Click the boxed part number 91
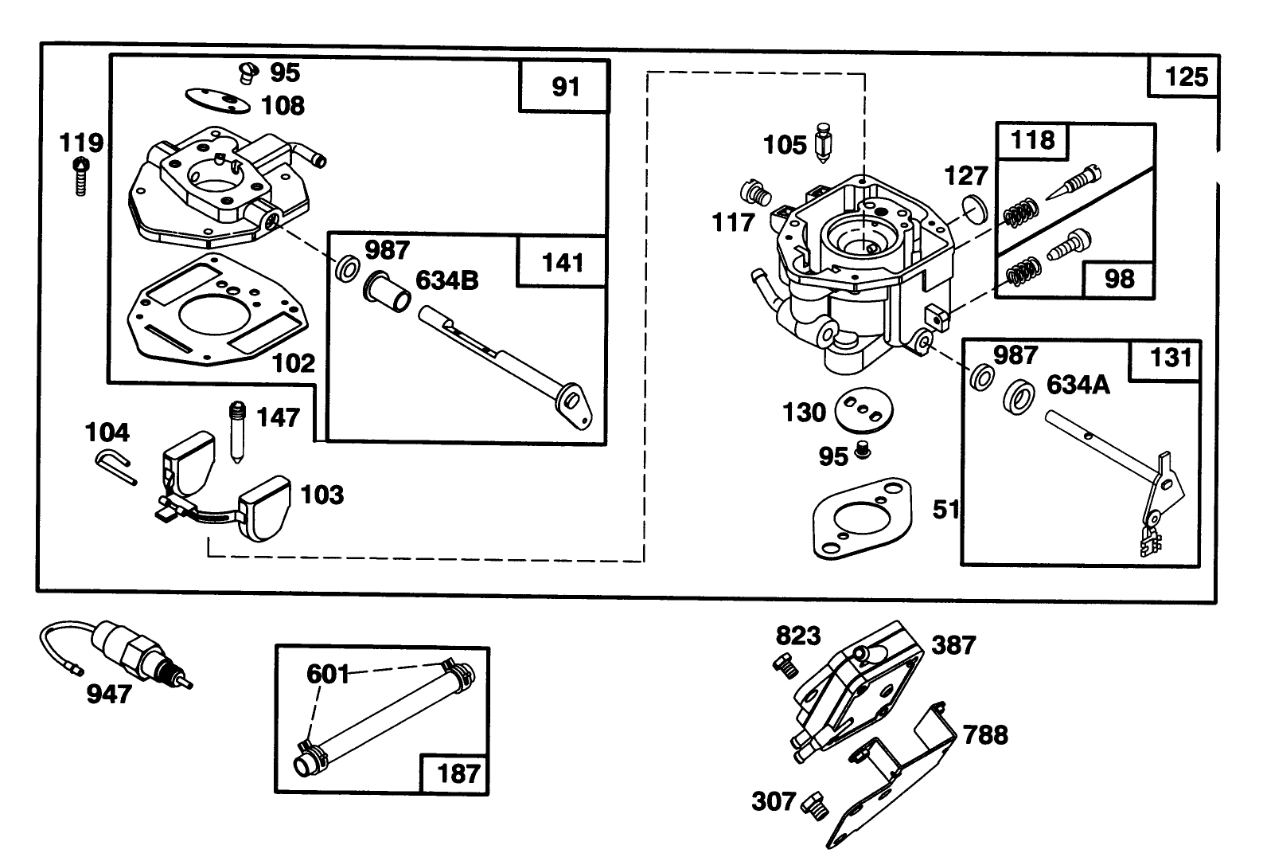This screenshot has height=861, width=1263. click(x=565, y=86)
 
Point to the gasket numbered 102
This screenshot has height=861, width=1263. click(x=209, y=311)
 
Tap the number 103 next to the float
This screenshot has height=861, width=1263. click(x=322, y=495)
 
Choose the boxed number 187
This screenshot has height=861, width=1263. click(x=458, y=772)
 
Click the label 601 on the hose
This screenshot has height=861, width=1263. click(x=329, y=675)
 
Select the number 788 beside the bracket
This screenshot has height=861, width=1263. click(x=985, y=734)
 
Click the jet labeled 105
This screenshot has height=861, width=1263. click(x=823, y=145)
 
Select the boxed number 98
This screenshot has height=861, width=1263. click(x=1118, y=280)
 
